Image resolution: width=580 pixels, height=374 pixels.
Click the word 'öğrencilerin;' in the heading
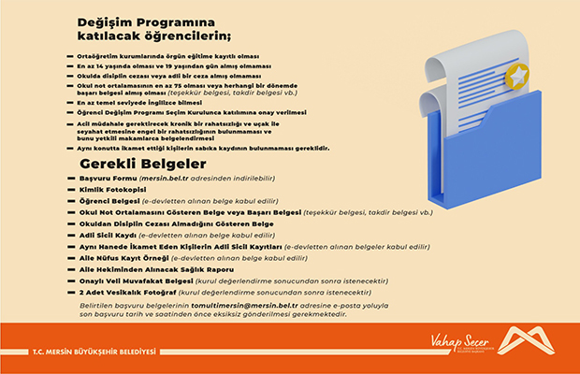188,36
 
